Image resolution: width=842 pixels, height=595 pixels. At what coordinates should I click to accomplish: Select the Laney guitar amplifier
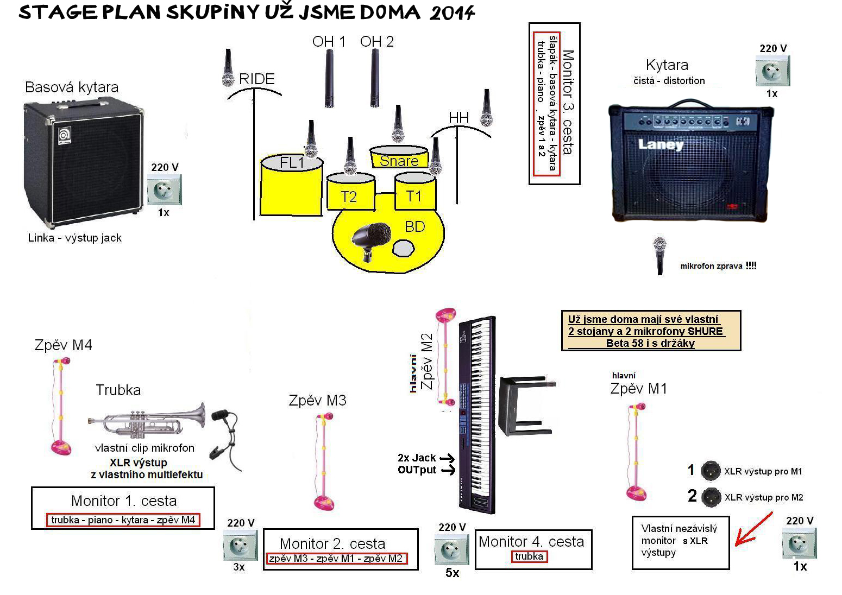click(x=690, y=163)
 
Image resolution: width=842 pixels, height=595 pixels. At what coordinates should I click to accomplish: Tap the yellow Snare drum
click(x=399, y=157)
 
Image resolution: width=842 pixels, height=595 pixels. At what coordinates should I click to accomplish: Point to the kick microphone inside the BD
click(x=371, y=238)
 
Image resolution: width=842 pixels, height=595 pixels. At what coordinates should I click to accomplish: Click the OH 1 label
click(x=329, y=42)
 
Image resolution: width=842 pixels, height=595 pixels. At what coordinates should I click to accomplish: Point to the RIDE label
click(x=257, y=79)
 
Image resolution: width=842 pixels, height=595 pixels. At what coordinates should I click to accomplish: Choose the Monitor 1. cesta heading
click(x=124, y=501)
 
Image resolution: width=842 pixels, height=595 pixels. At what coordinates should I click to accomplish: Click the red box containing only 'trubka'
click(x=529, y=556)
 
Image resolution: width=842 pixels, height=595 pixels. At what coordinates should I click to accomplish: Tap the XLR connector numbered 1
click(x=711, y=471)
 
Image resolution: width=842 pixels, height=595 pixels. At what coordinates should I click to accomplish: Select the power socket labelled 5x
click(x=451, y=549)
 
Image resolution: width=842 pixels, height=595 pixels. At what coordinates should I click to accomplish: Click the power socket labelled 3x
click(x=240, y=545)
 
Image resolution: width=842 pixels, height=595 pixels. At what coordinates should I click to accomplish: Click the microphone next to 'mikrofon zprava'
click(x=660, y=255)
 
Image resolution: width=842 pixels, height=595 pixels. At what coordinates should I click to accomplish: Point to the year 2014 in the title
click(x=452, y=13)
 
